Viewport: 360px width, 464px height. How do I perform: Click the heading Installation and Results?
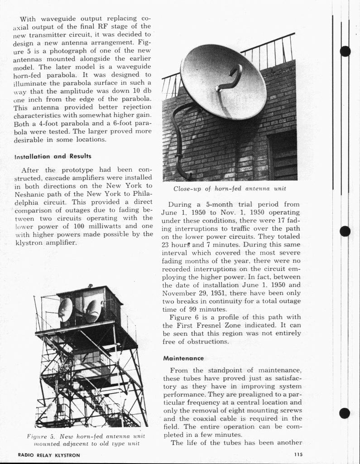pos(53,156)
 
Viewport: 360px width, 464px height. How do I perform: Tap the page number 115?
pos(298,454)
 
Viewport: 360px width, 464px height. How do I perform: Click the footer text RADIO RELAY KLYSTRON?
pos(49,454)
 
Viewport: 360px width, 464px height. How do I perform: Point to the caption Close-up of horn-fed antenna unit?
pos(230,188)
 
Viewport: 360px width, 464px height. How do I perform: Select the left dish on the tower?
pos(65,309)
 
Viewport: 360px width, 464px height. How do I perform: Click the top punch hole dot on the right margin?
pos(345,51)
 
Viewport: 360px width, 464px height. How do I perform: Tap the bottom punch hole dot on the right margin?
pos(345,413)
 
